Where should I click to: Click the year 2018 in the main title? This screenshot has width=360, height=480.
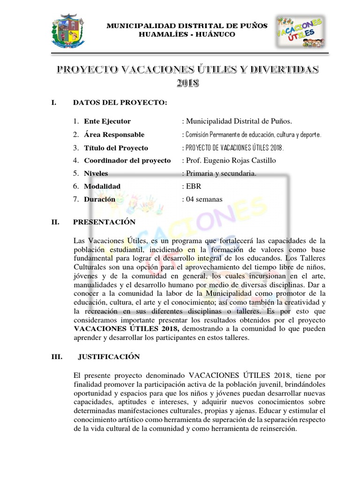187,84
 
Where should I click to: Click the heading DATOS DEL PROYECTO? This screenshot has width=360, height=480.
120,103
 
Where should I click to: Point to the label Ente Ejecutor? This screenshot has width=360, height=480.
107,121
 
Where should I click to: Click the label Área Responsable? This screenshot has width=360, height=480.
114,135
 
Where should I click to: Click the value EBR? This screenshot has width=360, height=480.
194,186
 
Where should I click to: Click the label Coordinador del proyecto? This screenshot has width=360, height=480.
127,161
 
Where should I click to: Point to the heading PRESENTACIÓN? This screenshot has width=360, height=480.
105,222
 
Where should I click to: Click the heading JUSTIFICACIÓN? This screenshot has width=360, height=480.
109,356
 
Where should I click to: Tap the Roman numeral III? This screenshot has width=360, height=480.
57,356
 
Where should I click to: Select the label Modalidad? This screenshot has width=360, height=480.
102,186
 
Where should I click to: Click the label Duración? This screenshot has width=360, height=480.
99,199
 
